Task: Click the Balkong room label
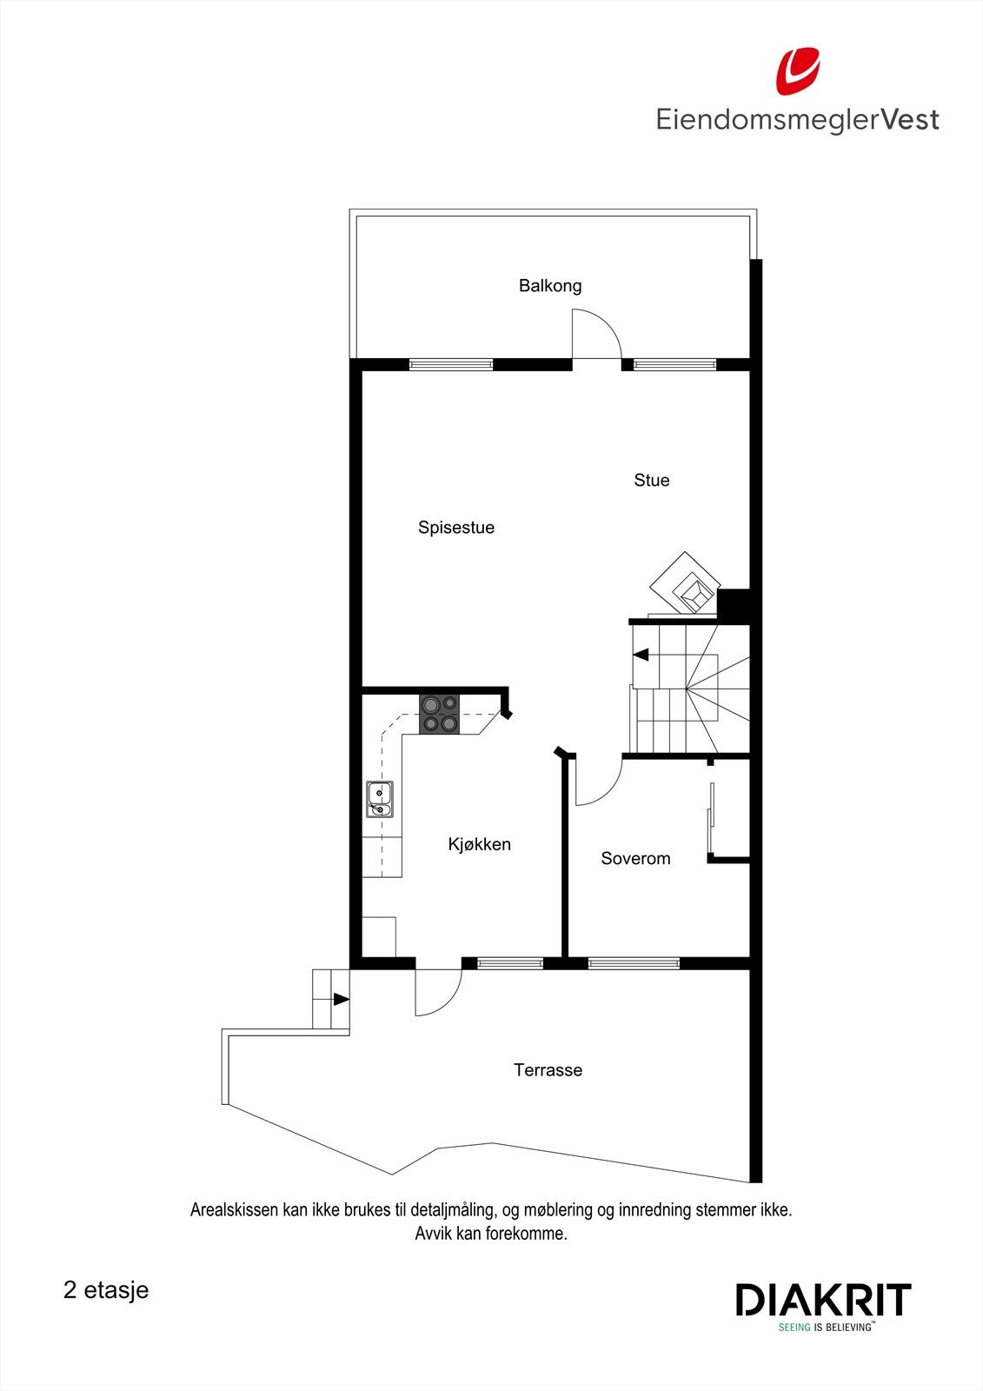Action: (550, 285)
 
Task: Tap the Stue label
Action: (652, 480)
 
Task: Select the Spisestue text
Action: (456, 527)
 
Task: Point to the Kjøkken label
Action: (480, 844)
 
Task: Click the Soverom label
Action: (635, 858)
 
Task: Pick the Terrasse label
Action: (548, 1069)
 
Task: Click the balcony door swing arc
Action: (600, 335)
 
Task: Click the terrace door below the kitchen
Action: (438, 991)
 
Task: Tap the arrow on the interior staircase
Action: (641, 655)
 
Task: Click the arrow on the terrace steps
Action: (341, 1000)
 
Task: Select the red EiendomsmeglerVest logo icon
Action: (797, 71)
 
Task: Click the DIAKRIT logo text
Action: (823, 1300)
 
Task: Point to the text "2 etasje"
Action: (106, 1289)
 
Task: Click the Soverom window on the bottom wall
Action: (634, 962)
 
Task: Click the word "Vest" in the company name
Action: (910, 119)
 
